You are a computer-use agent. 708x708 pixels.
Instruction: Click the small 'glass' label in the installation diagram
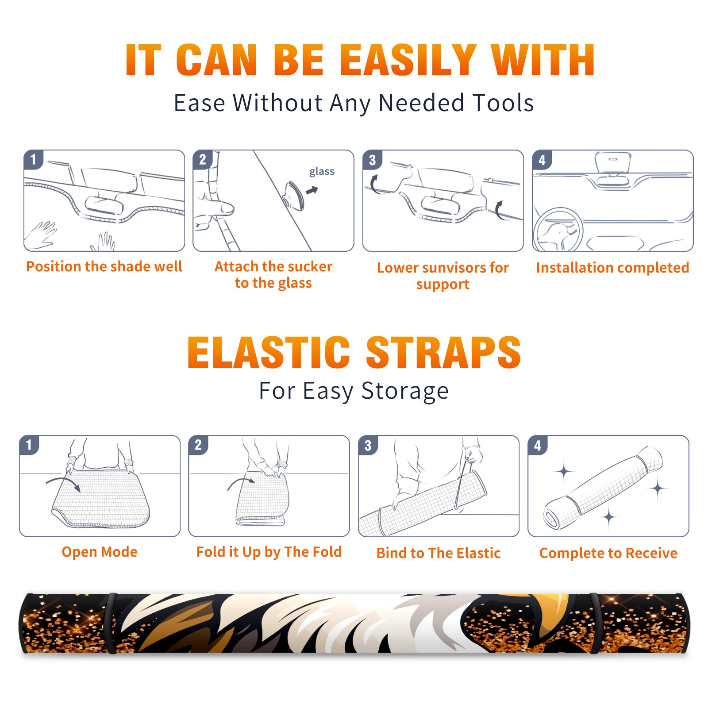pyautogui.click(x=322, y=171)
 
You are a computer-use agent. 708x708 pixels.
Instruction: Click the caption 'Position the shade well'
pyautogui.click(x=104, y=266)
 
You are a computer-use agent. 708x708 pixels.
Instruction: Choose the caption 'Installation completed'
pyautogui.click(x=612, y=267)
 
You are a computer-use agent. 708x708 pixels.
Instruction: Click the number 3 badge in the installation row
pyautogui.click(x=372, y=160)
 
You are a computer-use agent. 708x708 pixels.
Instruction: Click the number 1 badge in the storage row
pyautogui.click(x=29, y=445)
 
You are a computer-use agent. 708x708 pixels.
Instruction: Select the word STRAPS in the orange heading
pyautogui.click(x=443, y=352)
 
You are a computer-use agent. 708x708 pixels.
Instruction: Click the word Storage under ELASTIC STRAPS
pyautogui.click(x=405, y=391)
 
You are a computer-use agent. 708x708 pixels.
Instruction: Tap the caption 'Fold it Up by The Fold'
pyautogui.click(x=269, y=552)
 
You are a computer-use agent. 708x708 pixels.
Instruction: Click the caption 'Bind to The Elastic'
pyautogui.click(x=439, y=553)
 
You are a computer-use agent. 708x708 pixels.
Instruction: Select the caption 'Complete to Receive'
pyautogui.click(x=608, y=553)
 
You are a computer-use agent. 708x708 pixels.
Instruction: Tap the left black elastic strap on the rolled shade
pyautogui.click(x=111, y=623)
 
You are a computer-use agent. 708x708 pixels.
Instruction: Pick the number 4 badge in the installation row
pyautogui.click(x=542, y=160)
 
